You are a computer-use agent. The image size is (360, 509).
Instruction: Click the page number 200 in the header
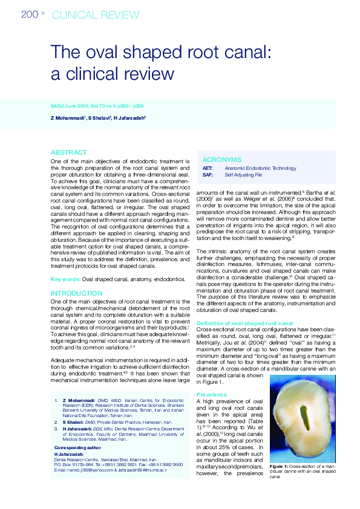tap(30, 15)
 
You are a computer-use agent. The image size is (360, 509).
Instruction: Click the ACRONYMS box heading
tap(221, 160)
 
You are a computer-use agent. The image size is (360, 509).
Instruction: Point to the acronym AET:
tap(208, 167)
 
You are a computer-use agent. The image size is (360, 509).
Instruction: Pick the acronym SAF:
tap(208, 174)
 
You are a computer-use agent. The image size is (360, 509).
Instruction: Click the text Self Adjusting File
tap(243, 174)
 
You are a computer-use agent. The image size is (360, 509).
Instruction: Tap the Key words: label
tap(65, 279)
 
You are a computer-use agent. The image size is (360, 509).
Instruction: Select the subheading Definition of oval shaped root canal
tap(245, 323)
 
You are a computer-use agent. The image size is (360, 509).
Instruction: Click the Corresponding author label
tap(78, 449)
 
